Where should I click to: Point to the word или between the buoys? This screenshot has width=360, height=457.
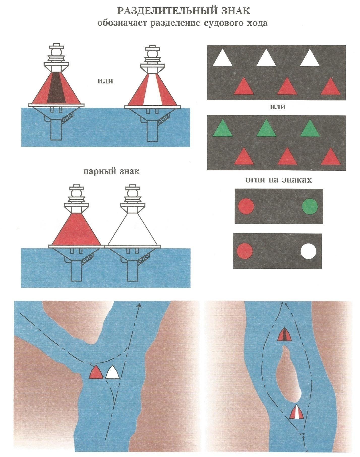click(105, 81)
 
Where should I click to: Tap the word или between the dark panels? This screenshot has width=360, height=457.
click(278, 107)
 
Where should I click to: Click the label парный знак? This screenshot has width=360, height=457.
click(111, 171)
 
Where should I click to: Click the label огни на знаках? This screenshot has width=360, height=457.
click(279, 180)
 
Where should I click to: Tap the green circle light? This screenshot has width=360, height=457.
click(310, 206)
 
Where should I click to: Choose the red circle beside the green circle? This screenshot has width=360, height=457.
click(246, 206)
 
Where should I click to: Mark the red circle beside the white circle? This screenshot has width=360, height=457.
click(245, 251)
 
